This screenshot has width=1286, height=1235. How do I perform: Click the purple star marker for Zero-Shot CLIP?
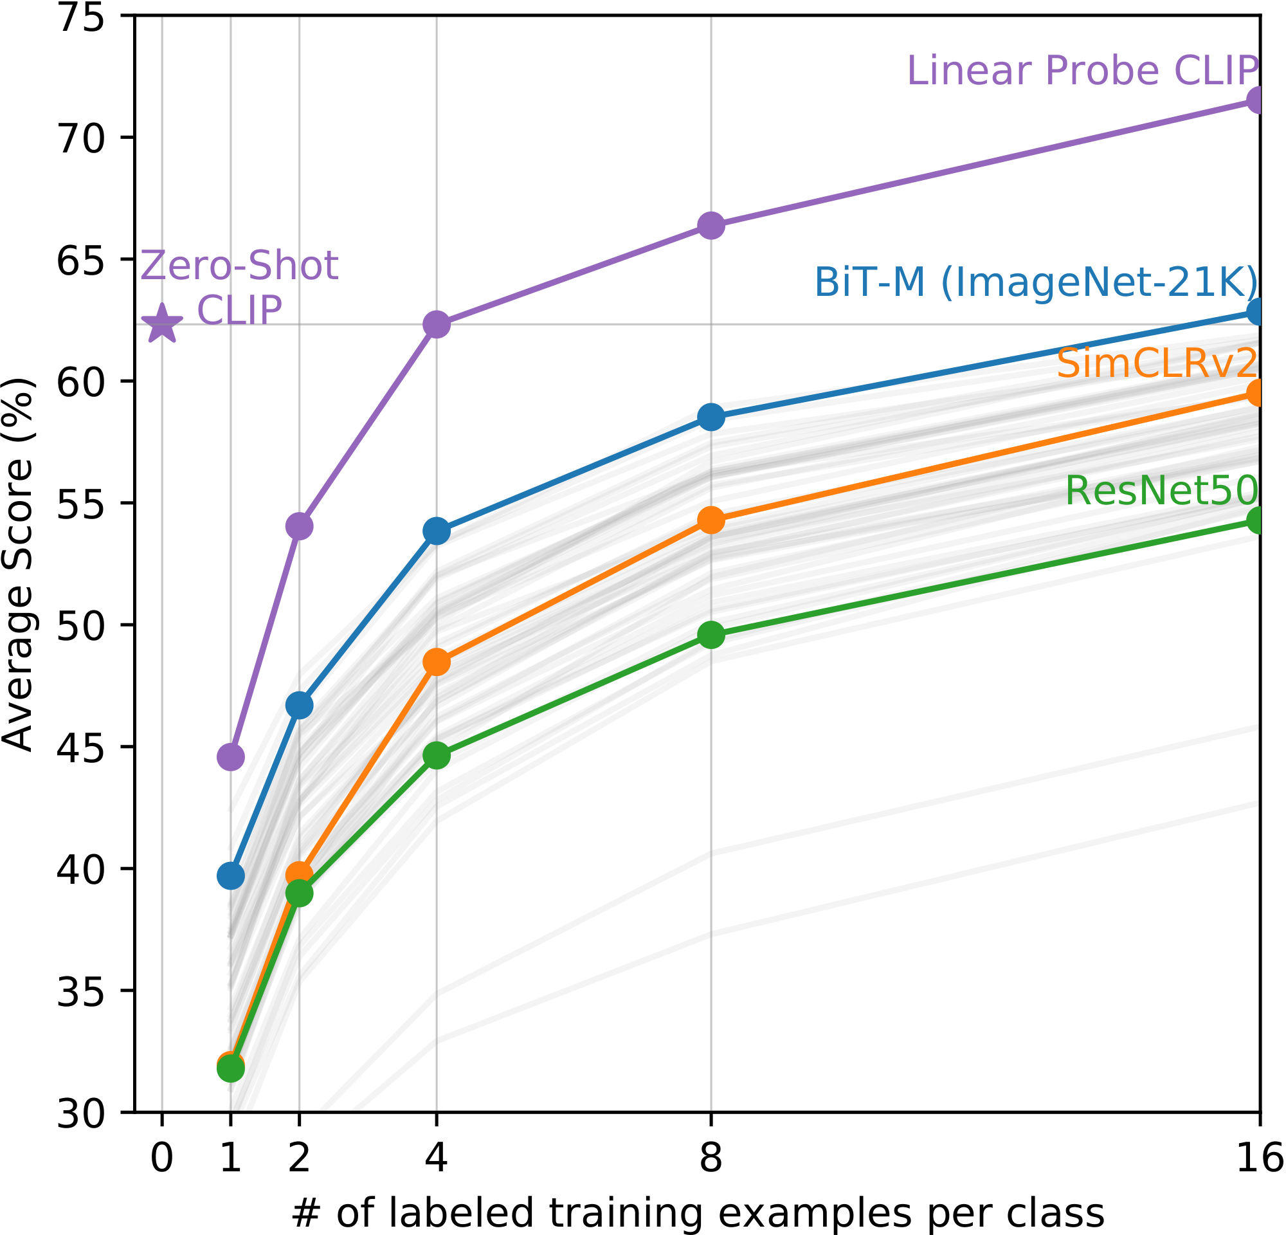pyautogui.click(x=162, y=324)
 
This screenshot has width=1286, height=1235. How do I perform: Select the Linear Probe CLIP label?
pyautogui.click(x=1083, y=71)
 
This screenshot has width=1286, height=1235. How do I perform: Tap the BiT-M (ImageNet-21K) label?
pyautogui.click(x=1036, y=284)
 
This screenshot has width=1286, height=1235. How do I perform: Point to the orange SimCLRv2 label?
pyautogui.click(x=1157, y=363)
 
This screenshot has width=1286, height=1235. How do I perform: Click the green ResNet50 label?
pyautogui.click(x=1161, y=490)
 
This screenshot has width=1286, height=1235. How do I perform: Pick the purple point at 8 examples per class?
pyautogui.click(x=711, y=226)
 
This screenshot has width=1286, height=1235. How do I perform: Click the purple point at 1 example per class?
pyautogui.click(x=230, y=757)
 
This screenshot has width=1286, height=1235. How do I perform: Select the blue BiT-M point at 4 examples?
pyautogui.click(x=437, y=531)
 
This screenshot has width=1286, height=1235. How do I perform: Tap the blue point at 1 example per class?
pyautogui.click(x=230, y=876)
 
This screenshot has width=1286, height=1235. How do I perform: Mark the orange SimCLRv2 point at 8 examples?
pyautogui.click(x=711, y=520)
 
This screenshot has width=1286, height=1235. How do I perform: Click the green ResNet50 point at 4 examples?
pyautogui.click(x=437, y=755)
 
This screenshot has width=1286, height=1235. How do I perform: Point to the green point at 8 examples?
pyautogui.click(x=711, y=635)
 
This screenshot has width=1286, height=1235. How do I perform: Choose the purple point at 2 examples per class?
pyautogui.click(x=299, y=526)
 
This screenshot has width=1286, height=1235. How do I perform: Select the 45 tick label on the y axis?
pyautogui.click(x=81, y=747)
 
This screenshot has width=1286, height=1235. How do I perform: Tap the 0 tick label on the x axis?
pyautogui.click(x=162, y=1158)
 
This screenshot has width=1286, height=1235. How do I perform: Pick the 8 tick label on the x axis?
pyautogui.click(x=711, y=1158)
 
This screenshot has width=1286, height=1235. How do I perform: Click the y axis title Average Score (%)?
pyautogui.click(x=18, y=564)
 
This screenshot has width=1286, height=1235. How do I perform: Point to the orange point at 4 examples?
pyautogui.click(x=437, y=662)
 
